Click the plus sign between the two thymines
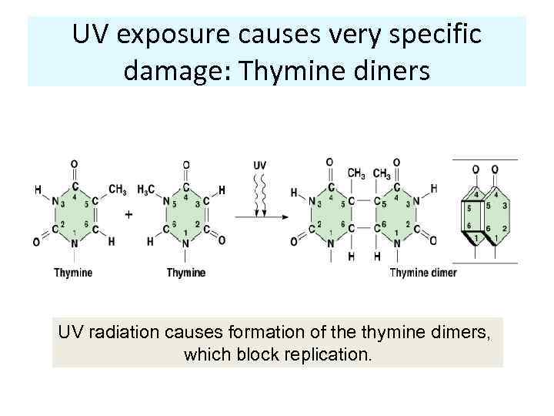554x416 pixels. [128, 215]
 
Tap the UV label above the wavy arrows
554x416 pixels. [260, 166]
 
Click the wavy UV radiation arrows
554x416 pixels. [260, 193]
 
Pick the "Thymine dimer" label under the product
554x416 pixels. [422, 273]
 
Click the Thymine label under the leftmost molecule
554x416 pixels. [73, 273]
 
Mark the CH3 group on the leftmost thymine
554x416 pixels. [117, 190]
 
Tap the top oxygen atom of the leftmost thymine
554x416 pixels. [74, 164]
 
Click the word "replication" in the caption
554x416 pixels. [329, 356]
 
